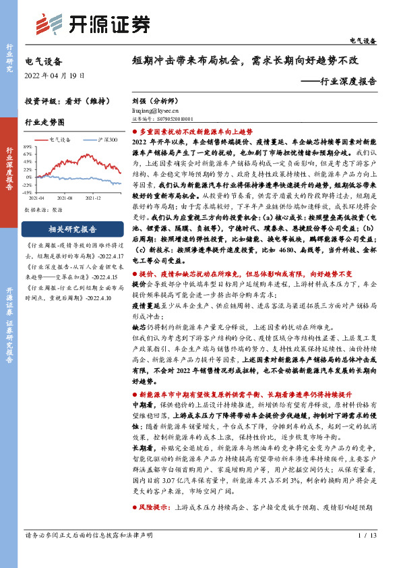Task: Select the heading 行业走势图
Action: pos(44,123)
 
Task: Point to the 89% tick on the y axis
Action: pos(28,146)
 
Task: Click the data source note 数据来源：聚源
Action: pos(42,208)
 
